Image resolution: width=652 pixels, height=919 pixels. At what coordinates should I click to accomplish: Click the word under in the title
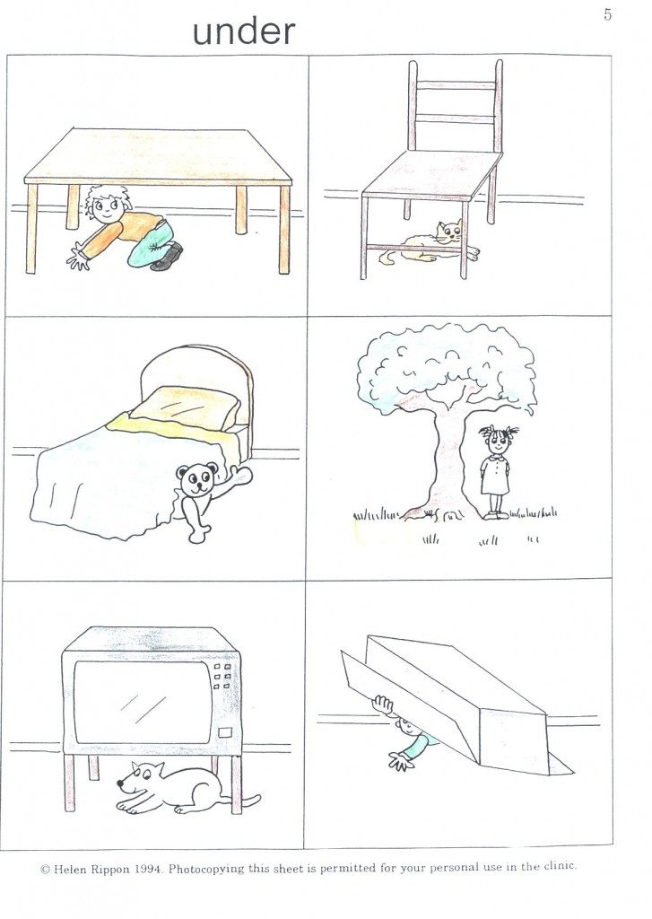point(244,31)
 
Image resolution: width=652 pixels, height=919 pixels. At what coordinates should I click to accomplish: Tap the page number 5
point(607,15)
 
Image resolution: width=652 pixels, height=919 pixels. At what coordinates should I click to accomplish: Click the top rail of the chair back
point(456,85)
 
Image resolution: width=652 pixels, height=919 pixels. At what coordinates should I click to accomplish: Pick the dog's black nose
point(119,783)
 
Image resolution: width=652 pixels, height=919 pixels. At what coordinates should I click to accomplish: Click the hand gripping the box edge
point(384,705)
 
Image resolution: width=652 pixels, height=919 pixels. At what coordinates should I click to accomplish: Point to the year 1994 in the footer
point(147,869)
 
